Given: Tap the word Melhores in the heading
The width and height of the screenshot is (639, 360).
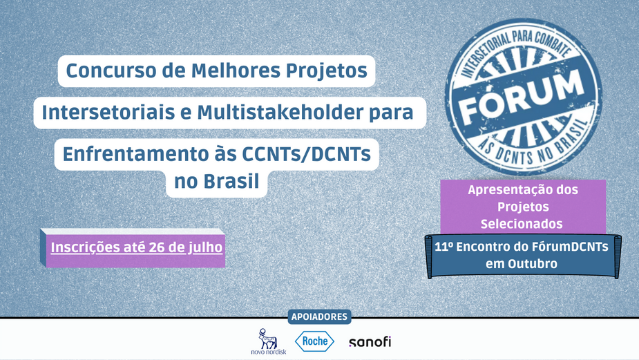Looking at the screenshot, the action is [x=236, y=70].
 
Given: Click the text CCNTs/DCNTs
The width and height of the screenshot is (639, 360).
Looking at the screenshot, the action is [x=307, y=154].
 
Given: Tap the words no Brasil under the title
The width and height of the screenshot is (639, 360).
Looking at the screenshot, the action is [x=217, y=181].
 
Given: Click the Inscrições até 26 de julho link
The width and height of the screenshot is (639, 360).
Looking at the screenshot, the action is [x=137, y=247].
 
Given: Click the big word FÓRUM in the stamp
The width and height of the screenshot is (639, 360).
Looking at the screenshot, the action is [x=522, y=98].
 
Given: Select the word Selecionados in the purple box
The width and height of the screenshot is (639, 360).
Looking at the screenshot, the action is [x=522, y=224].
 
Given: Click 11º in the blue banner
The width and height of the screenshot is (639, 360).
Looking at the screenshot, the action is [x=444, y=247].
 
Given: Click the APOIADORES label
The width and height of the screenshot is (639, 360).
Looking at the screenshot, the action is [x=319, y=316].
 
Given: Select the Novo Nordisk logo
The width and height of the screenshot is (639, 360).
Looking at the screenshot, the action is [x=269, y=341].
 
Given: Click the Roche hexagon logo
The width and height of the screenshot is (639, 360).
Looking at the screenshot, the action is [x=314, y=341].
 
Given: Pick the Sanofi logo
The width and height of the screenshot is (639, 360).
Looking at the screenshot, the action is [x=370, y=341].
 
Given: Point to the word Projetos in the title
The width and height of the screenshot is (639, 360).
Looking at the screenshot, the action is [x=327, y=71].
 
